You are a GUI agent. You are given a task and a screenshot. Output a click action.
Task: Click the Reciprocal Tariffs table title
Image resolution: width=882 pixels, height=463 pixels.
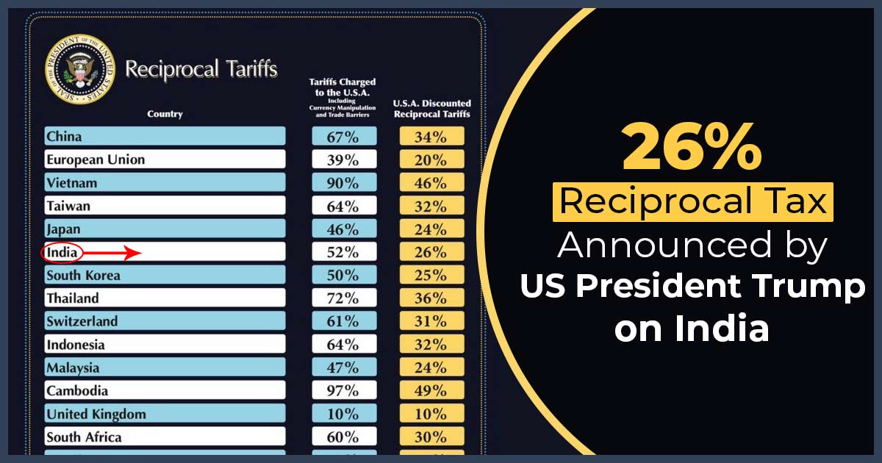click(x=201, y=69)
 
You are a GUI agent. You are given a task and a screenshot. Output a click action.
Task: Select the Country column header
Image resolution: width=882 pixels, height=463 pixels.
click(x=165, y=114)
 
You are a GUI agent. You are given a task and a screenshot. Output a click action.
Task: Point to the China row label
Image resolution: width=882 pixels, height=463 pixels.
click(x=65, y=136)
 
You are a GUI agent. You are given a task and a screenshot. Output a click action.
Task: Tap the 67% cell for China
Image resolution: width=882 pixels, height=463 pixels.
click(x=343, y=136)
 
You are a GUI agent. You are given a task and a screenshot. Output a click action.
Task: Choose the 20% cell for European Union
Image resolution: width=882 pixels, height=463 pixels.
click(x=431, y=159)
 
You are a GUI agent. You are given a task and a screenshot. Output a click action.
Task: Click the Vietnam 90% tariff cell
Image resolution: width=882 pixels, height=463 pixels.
click(x=343, y=183)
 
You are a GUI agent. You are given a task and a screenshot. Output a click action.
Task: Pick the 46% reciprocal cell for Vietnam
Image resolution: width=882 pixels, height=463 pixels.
click(x=431, y=183)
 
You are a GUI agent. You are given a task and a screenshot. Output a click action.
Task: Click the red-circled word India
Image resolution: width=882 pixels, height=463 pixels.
click(x=62, y=253)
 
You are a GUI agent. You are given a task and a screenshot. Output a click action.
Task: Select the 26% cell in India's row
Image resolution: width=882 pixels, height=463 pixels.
click(x=431, y=253)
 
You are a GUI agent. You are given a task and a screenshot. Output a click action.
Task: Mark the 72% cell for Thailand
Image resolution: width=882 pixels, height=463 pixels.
click(x=343, y=298)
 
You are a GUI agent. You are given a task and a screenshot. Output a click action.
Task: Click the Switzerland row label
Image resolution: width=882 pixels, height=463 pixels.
click(x=82, y=321)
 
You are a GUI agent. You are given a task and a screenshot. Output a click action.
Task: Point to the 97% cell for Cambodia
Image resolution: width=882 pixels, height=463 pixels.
click(x=343, y=391)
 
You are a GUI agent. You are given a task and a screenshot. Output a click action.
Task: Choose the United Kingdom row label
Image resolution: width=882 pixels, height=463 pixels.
click(x=96, y=414)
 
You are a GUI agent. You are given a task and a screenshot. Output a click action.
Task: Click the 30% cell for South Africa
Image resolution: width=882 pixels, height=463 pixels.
click(x=431, y=437)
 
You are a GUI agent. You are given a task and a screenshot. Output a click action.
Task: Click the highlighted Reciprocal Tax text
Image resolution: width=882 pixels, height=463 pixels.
click(x=692, y=201)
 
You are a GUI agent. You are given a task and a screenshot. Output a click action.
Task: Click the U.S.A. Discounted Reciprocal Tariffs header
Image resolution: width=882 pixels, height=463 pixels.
click(x=432, y=109)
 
